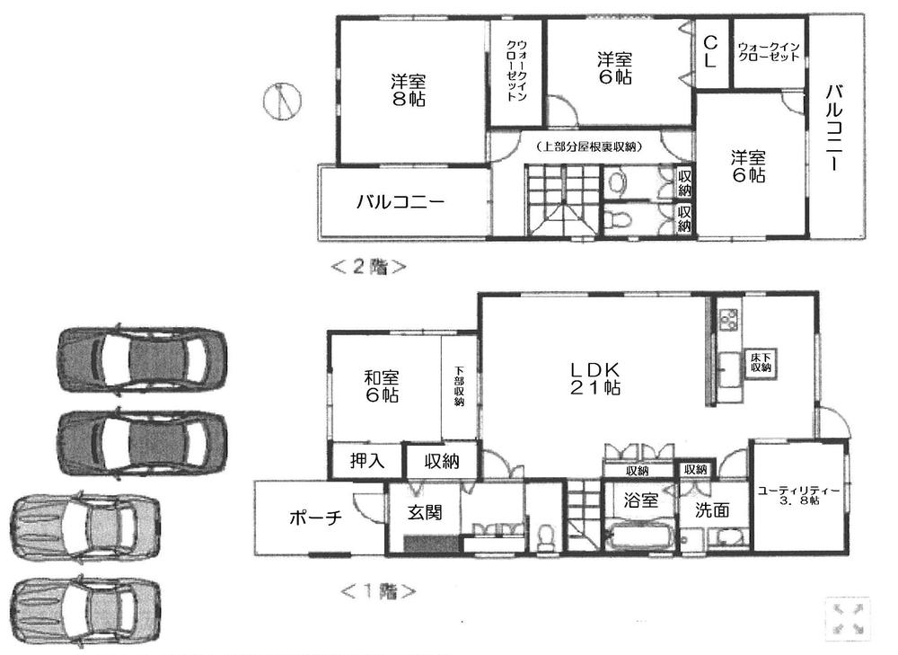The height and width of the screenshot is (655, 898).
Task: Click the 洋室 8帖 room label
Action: tap(408, 90)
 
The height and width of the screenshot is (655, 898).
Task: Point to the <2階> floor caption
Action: tap(368, 267)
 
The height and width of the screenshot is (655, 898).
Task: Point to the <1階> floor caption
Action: tap(378, 591)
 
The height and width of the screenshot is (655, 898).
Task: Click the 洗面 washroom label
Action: tap(711, 509)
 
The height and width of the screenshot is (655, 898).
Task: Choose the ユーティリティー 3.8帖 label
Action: tap(798, 495)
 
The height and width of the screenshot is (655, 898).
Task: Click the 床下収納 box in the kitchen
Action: tap(762, 363)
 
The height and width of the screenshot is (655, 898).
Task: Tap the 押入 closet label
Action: tap(366, 462)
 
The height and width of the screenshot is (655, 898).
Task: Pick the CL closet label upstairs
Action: tap(710, 52)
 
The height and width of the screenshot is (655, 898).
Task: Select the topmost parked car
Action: tap(141, 356)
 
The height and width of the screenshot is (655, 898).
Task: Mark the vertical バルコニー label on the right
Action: tap(833, 128)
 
